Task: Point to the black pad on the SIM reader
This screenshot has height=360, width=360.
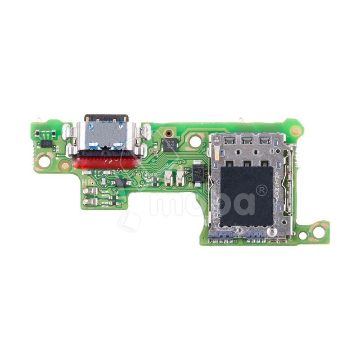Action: (247, 196)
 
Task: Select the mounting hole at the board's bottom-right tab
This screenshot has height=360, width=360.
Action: (319, 232)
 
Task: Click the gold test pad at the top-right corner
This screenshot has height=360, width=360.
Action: (295, 130)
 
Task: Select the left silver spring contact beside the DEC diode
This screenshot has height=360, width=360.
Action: (168, 177)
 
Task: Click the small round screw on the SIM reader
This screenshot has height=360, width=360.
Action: (272, 232)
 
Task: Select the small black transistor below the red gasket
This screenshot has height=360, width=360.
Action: (120, 182)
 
